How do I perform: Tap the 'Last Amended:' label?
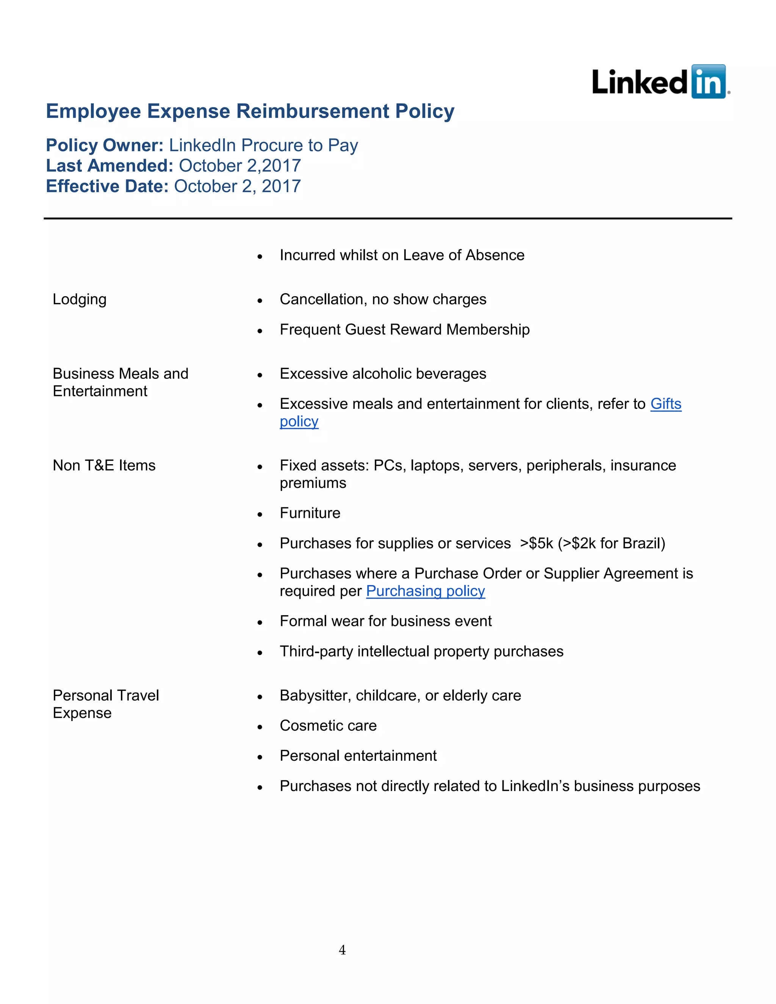pos(110,166)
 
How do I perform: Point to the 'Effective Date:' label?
pos(107,186)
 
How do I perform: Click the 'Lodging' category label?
pos(80,299)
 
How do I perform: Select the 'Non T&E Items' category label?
pos(104,465)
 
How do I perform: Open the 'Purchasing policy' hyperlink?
pos(425,591)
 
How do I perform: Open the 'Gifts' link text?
pos(666,403)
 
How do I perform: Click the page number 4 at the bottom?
pos(342,950)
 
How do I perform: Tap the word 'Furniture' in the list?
pos(310,513)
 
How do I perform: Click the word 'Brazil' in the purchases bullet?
pos(641,543)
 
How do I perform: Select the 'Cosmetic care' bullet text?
pos(328,726)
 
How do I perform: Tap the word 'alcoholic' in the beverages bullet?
pos(384,374)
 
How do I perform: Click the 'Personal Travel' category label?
pos(106,696)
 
